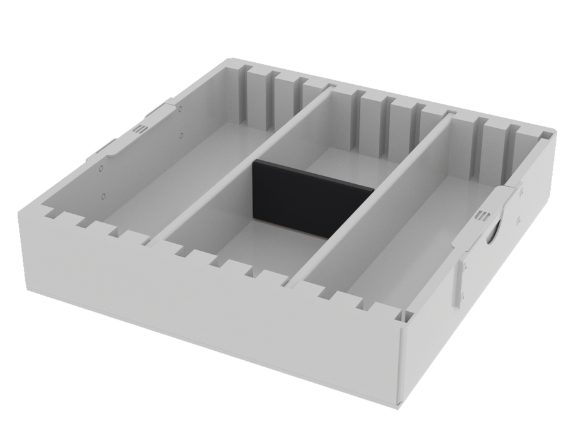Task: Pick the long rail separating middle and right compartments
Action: tap(377, 189)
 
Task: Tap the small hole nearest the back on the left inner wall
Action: tap(180, 109)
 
